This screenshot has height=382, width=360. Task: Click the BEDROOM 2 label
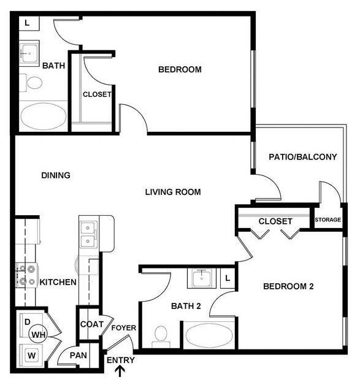(288, 286)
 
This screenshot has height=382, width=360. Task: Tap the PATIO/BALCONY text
(303, 157)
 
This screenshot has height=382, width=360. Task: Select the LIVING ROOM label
(173, 192)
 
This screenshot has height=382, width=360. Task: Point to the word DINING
(56, 175)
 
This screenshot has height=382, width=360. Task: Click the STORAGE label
(328, 220)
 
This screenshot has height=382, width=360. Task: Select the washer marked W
(29, 354)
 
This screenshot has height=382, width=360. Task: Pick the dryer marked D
(27, 321)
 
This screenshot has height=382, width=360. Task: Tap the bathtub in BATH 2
(209, 336)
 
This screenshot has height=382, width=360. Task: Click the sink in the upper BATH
(28, 53)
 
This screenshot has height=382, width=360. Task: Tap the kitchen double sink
(86, 233)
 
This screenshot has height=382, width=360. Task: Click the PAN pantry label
(77, 355)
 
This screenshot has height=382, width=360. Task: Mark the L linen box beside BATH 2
(228, 278)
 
